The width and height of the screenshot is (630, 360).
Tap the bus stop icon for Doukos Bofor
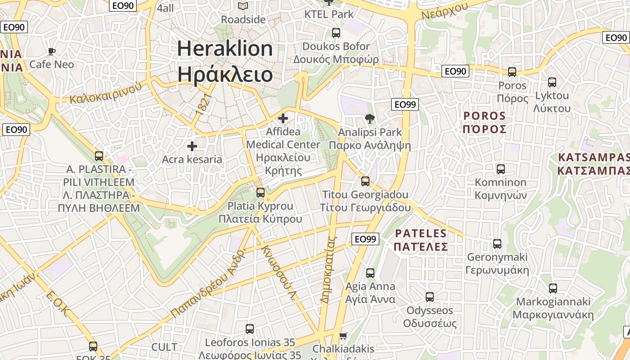[x=336, y=32]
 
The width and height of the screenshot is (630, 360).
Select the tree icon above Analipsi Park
[x=370, y=119]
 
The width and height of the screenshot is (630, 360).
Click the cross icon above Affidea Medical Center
[x=283, y=118]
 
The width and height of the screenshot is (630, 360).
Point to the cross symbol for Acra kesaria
[x=192, y=146]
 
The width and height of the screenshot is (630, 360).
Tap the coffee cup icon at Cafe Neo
[x=52, y=51]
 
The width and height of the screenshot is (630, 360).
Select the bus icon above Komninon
[x=501, y=169]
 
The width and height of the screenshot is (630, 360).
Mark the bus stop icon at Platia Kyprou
[x=261, y=193]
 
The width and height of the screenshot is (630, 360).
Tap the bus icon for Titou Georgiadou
[x=365, y=181]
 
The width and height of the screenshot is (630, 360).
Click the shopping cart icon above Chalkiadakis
[x=343, y=336]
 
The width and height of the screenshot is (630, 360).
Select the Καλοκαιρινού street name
[x=106, y=93]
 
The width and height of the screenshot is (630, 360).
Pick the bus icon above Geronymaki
[x=497, y=244]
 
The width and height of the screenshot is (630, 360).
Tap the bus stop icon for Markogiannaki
[x=553, y=288]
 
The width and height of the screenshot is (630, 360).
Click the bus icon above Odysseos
[x=430, y=297]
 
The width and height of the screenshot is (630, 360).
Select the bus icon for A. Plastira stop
[x=99, y=156]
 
